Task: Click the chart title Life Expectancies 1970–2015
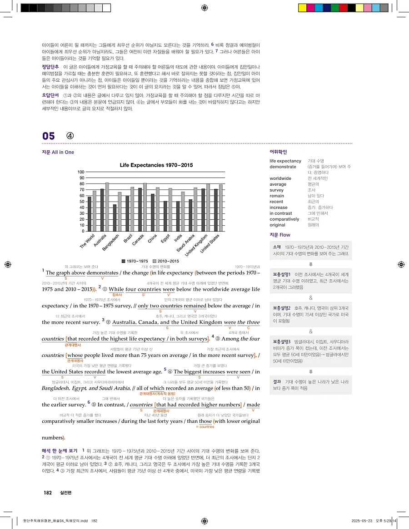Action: coord(156,165)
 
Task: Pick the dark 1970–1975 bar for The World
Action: coord(90,213)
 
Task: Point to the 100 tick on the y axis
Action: coord(81,172)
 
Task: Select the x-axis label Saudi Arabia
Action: coord(186,243)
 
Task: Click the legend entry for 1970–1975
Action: coord(135,261)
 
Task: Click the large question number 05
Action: coord(49,136)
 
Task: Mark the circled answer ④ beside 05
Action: coord(70,136)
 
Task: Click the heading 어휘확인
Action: coord(278,152)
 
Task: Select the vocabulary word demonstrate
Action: coord(283,167)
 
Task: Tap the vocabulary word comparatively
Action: coord(284,219)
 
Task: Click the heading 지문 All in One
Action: coord(58,152)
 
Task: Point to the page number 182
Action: coord(48,493)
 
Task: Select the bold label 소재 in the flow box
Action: coord(277,247)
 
